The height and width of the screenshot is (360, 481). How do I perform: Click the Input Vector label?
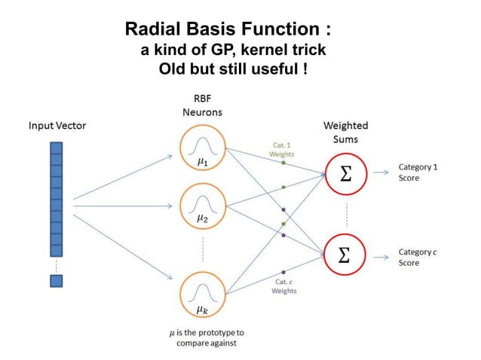[57, 125]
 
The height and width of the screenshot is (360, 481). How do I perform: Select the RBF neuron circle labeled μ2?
[202, 205]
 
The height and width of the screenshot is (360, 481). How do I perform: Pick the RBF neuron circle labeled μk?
[202, 294]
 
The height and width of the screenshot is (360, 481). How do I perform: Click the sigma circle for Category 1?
[345, 173]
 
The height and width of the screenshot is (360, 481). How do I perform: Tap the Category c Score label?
[419, 258]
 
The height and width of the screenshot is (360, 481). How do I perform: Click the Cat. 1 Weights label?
[281, 148]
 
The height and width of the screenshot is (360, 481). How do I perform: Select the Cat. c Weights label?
[283, 286]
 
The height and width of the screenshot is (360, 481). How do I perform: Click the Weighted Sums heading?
[345, 132]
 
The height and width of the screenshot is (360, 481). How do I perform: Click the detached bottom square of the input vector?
[57, 281]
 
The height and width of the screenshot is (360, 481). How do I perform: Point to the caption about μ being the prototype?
[201, 337]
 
